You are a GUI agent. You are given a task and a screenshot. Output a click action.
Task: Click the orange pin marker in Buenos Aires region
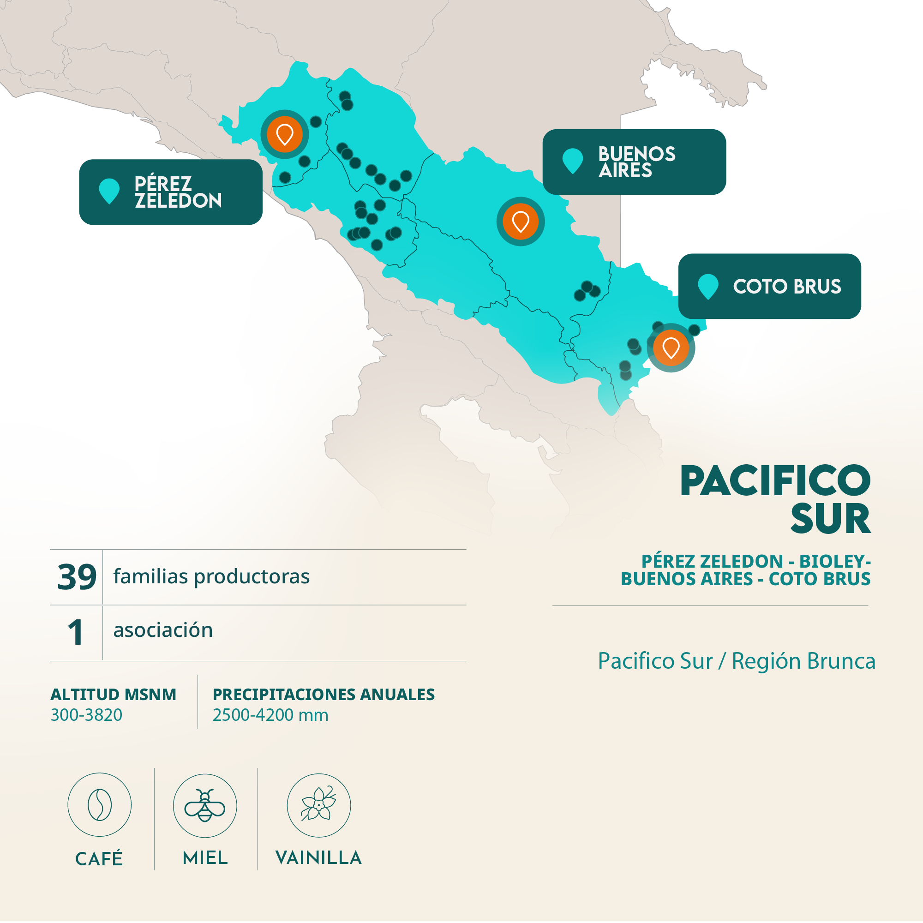(520, 221)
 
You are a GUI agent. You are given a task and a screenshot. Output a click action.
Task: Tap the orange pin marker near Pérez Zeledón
(284, 134)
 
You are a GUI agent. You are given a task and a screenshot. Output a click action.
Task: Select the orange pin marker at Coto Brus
(671, 348)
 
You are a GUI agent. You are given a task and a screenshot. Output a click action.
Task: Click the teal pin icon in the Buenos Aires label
(572, 161)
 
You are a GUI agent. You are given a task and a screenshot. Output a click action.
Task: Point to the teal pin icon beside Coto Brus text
(707, 286)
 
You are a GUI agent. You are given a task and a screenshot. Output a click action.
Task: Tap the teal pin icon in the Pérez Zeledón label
(109, 191)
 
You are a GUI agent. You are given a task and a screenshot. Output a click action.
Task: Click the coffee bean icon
(99, 805)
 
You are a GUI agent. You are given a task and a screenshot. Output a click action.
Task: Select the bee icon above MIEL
(204, 805)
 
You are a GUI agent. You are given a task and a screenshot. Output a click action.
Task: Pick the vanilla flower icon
(318, 805)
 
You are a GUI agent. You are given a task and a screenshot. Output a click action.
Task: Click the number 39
(77, 576)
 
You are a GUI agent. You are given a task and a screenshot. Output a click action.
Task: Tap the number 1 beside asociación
(76, 632)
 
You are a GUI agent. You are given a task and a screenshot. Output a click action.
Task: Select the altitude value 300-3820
(86, 715)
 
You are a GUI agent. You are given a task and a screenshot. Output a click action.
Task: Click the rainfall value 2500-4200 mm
(270, 715)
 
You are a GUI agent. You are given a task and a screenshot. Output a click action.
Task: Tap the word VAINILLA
(318, 857)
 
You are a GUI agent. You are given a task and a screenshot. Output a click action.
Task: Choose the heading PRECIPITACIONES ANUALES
(324, 694)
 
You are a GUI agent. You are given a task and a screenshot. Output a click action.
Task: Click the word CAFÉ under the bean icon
(99, 858)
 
